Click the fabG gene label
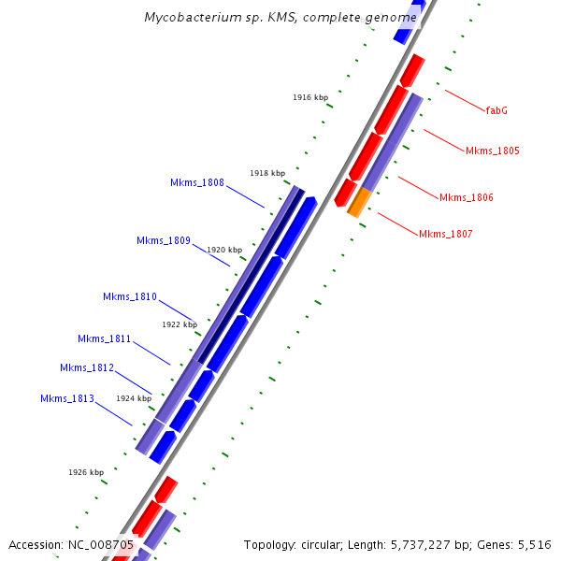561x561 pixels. click(496, 110)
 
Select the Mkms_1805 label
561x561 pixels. click(492, 151)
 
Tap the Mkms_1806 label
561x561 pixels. click(466, 197)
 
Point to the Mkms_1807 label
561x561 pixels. click(445, 234)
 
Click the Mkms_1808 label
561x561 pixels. click(196, 182)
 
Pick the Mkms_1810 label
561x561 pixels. click(129, 296)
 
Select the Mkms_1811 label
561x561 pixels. click(104, 338)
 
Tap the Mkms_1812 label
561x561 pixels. click(86, 367)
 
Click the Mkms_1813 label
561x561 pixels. click(66, 398)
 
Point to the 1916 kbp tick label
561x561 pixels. click(310, 97)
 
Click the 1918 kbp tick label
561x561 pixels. click(267, 173)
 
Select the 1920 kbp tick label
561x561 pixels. click(224, 250)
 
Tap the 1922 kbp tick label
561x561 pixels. click(180, 324)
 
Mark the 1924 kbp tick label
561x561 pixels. click(134, 398)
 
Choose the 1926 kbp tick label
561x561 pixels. click(86, 472)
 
